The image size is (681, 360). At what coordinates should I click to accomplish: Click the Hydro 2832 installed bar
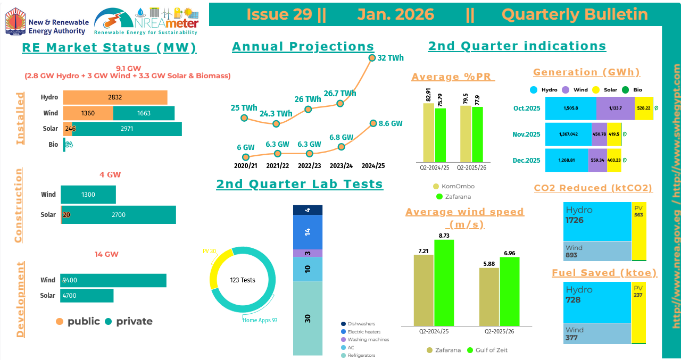tap(115, 97)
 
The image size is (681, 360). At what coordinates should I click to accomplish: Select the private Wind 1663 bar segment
tap(144, 113)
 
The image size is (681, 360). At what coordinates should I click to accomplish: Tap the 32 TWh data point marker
tap(371, 57)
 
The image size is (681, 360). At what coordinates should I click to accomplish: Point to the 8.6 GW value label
tap(390, 123)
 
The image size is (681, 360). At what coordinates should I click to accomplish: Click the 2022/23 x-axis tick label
tap(309, 165)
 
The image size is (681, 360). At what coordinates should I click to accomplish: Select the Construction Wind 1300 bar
tap(88, 195)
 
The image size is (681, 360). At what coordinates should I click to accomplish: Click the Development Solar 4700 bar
tap(87, 295)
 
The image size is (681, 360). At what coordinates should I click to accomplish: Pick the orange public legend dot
tap(60, 321)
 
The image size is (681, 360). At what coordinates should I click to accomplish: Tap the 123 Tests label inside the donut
tap(243, 280)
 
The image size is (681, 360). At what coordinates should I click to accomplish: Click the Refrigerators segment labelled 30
tap(308, 318)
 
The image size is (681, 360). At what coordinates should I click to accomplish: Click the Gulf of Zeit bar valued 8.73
tap(444, 282)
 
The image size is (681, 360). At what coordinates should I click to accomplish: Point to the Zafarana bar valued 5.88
tap(489, 296)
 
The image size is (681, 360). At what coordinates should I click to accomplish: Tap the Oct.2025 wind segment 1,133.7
tap(616, 108)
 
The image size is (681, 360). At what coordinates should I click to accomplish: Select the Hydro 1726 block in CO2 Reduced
tap(597, 221)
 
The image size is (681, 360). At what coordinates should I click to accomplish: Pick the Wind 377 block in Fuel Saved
tap(597, 333)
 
